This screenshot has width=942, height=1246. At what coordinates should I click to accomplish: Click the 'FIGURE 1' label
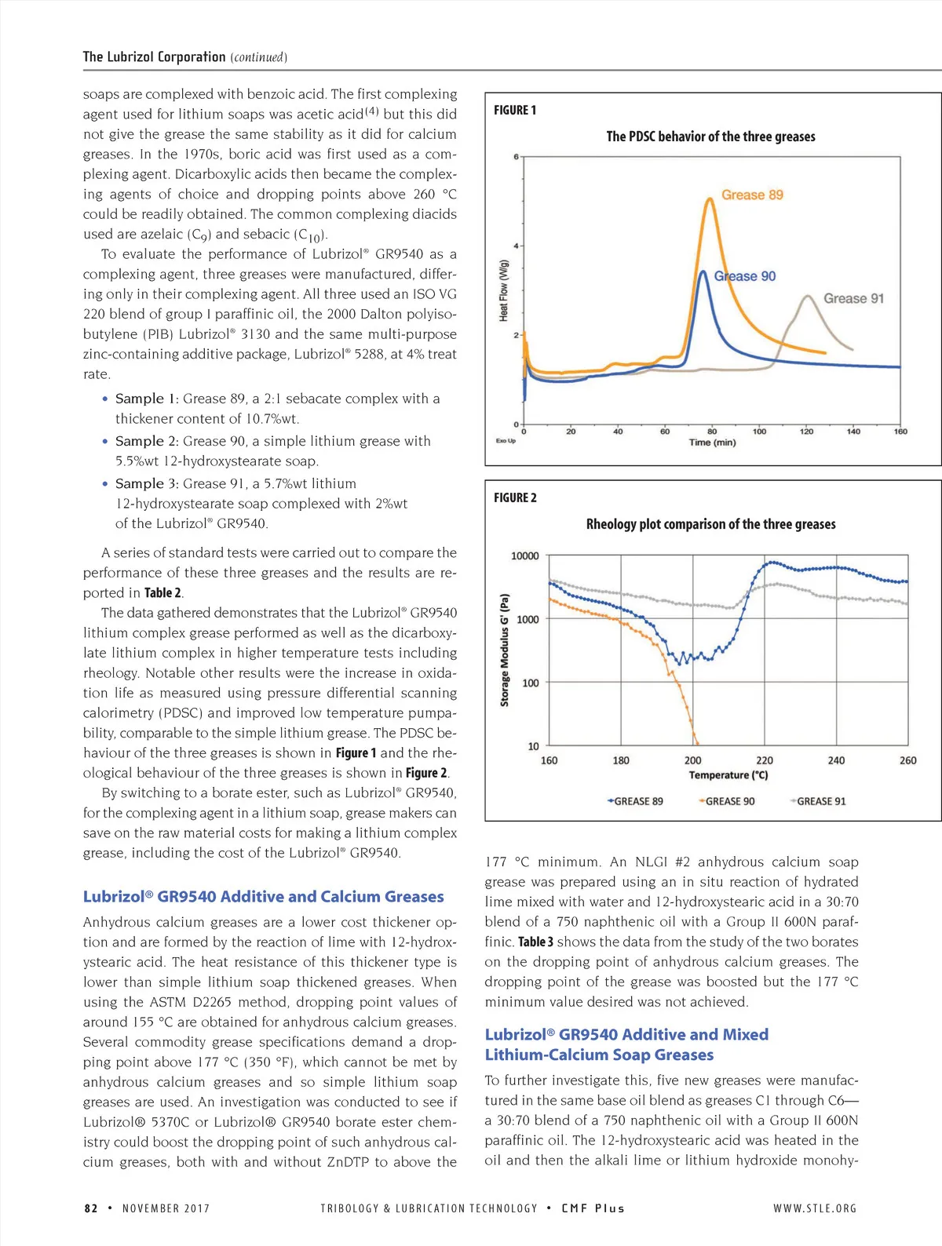(515, 110)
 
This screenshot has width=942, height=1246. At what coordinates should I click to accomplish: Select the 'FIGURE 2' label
(515, 497)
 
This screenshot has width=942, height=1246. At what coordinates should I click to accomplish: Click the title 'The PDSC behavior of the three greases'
(710, 137)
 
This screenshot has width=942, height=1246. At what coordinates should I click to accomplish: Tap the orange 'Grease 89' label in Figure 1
(752, 195)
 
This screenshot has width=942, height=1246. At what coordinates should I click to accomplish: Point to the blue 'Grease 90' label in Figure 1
(744, 276)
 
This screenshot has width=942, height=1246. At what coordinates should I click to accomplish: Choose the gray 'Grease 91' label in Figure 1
(853, 298)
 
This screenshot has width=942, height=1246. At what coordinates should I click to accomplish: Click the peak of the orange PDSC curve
(710, 199)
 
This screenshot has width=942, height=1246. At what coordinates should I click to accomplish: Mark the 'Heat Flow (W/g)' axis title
(504, 290)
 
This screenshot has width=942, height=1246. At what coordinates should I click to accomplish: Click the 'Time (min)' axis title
(712, 443)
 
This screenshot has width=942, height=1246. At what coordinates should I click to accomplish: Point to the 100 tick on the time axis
(759, 432)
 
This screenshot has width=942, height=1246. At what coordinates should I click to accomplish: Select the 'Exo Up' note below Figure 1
(506, 441)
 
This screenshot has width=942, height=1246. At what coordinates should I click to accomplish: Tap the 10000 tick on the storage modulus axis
(524, 556)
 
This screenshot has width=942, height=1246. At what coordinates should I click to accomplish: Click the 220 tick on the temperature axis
(765, 760)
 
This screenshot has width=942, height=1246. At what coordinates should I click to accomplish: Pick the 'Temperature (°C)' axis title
(728, 775)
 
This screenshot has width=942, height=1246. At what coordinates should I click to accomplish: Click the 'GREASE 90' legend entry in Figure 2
(729, 801)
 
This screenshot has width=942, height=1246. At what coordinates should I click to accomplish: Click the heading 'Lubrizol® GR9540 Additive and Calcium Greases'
(263, 896)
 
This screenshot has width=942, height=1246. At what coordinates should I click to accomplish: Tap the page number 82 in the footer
(91, 1208)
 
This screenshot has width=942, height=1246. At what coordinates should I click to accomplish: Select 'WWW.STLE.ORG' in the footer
(815, 1208)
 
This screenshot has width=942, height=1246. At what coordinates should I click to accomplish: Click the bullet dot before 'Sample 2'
(105, 441)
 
